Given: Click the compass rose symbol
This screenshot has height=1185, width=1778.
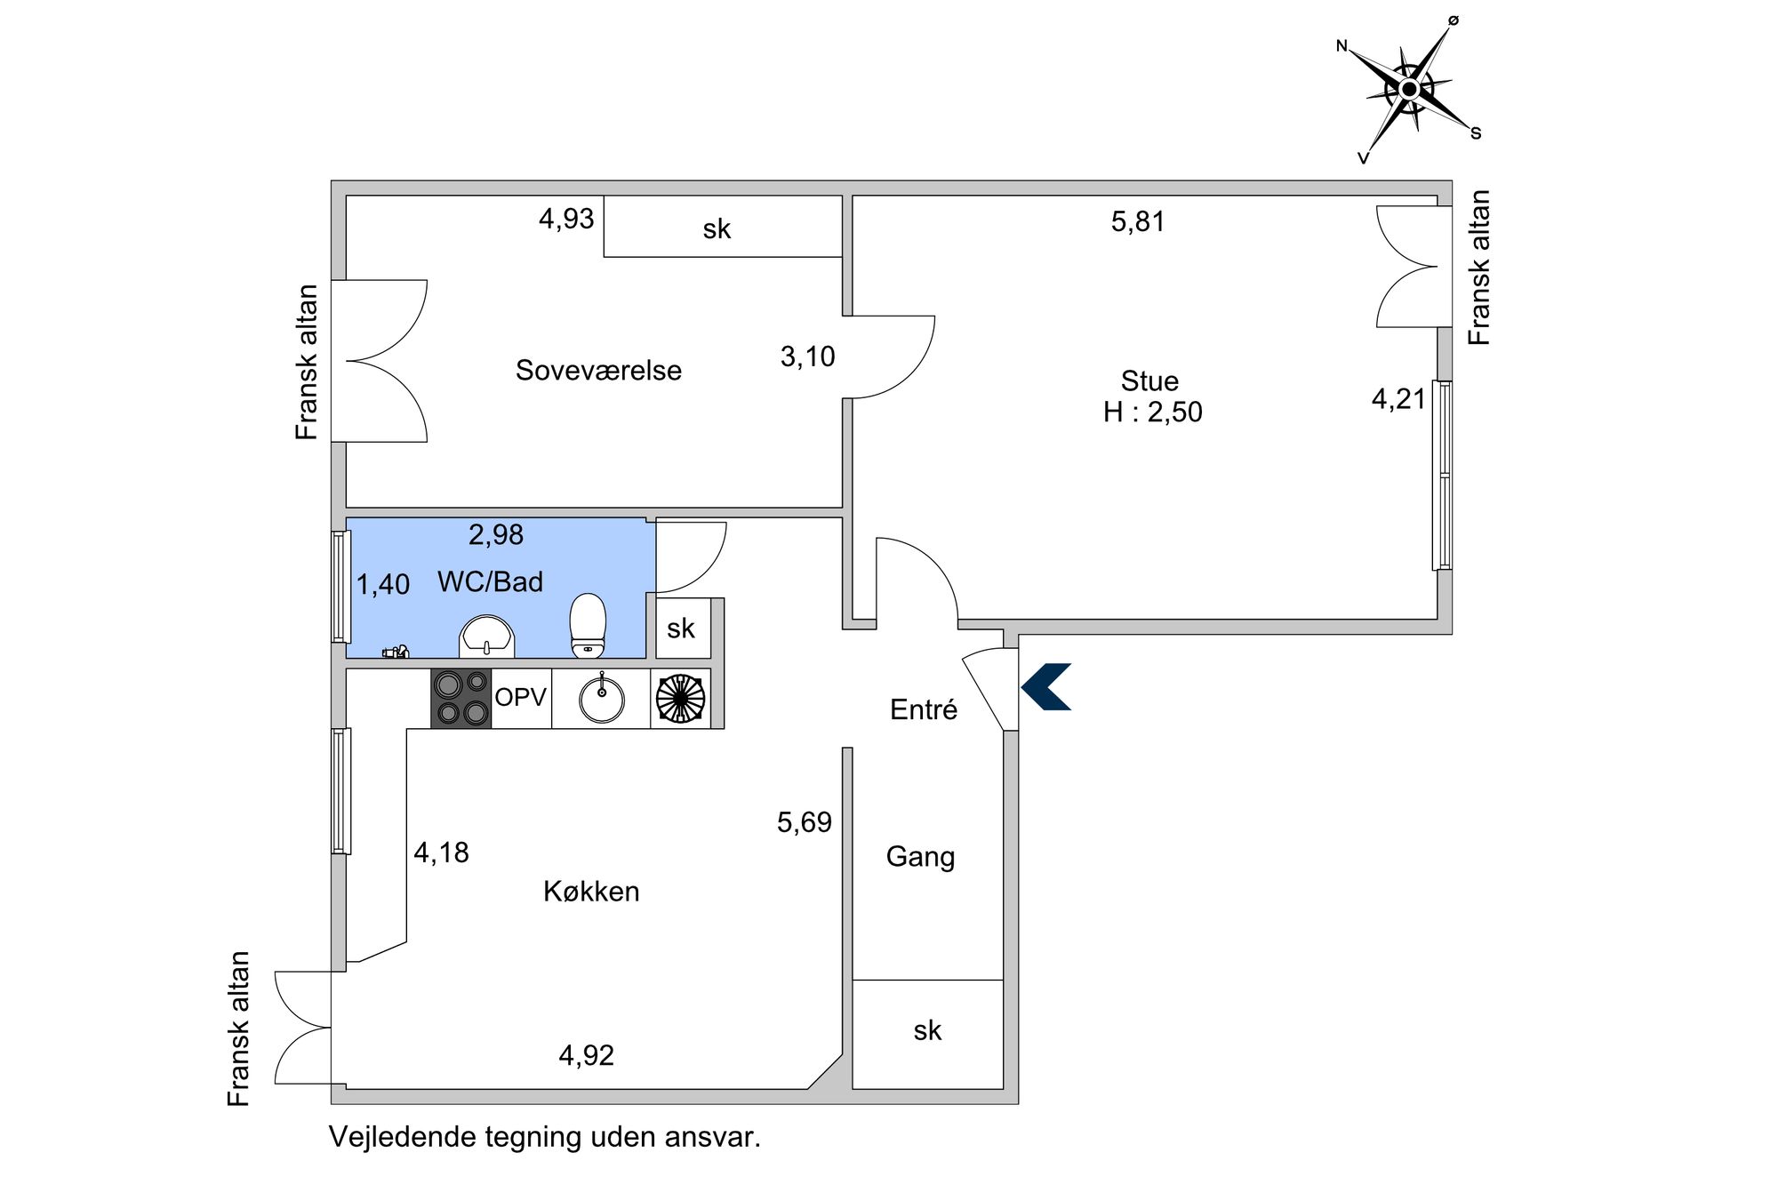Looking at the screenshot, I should [1409, 89].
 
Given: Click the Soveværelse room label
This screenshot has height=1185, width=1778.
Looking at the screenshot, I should [598, 370].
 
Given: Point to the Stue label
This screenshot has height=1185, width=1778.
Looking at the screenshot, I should [1149, 380].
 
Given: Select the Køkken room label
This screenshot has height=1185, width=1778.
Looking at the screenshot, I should [591, 891].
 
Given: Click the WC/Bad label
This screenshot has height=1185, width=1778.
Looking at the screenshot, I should [490, 581].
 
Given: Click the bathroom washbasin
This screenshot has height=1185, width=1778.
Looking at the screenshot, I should [486, 637].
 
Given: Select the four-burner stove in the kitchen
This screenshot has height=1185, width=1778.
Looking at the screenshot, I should [461, 698].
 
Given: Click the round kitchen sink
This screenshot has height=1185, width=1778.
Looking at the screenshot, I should [602, 698].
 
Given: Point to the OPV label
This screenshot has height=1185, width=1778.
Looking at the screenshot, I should [520, 697].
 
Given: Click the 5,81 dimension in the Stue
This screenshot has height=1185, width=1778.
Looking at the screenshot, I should [1138, 221].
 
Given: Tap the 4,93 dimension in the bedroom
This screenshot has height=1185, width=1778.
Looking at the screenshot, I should [566, 219].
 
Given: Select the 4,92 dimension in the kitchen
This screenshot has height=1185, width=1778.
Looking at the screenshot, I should [587, 1055].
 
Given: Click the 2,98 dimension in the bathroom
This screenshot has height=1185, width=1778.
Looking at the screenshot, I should [496, 534].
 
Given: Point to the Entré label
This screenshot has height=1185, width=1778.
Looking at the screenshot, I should [924, 709].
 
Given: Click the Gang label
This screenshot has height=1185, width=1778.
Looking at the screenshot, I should [920, 857].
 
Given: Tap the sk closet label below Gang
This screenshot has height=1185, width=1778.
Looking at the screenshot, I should [927, 1030].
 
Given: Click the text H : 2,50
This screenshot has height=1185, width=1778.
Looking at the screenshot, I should [1152, 412].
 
